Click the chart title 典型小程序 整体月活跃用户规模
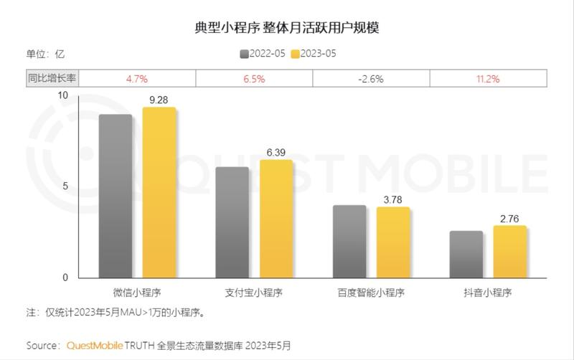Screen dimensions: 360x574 click(287, 28)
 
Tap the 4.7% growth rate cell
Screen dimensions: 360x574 click(136, 78)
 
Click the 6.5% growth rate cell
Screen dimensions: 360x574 click(253, 78)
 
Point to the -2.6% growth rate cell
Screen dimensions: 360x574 click(371, 78)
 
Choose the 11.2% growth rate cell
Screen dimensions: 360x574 click(488, 78)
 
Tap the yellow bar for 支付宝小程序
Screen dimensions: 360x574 click(276, 219)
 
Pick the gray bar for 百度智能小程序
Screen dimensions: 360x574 click(349, 242)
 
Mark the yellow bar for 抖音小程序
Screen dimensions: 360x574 click(509, 252)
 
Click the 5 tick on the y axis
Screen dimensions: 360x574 click(65, 186)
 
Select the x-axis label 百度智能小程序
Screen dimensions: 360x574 click(371, 293)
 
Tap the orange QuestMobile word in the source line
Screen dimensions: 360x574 click(95, 345)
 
